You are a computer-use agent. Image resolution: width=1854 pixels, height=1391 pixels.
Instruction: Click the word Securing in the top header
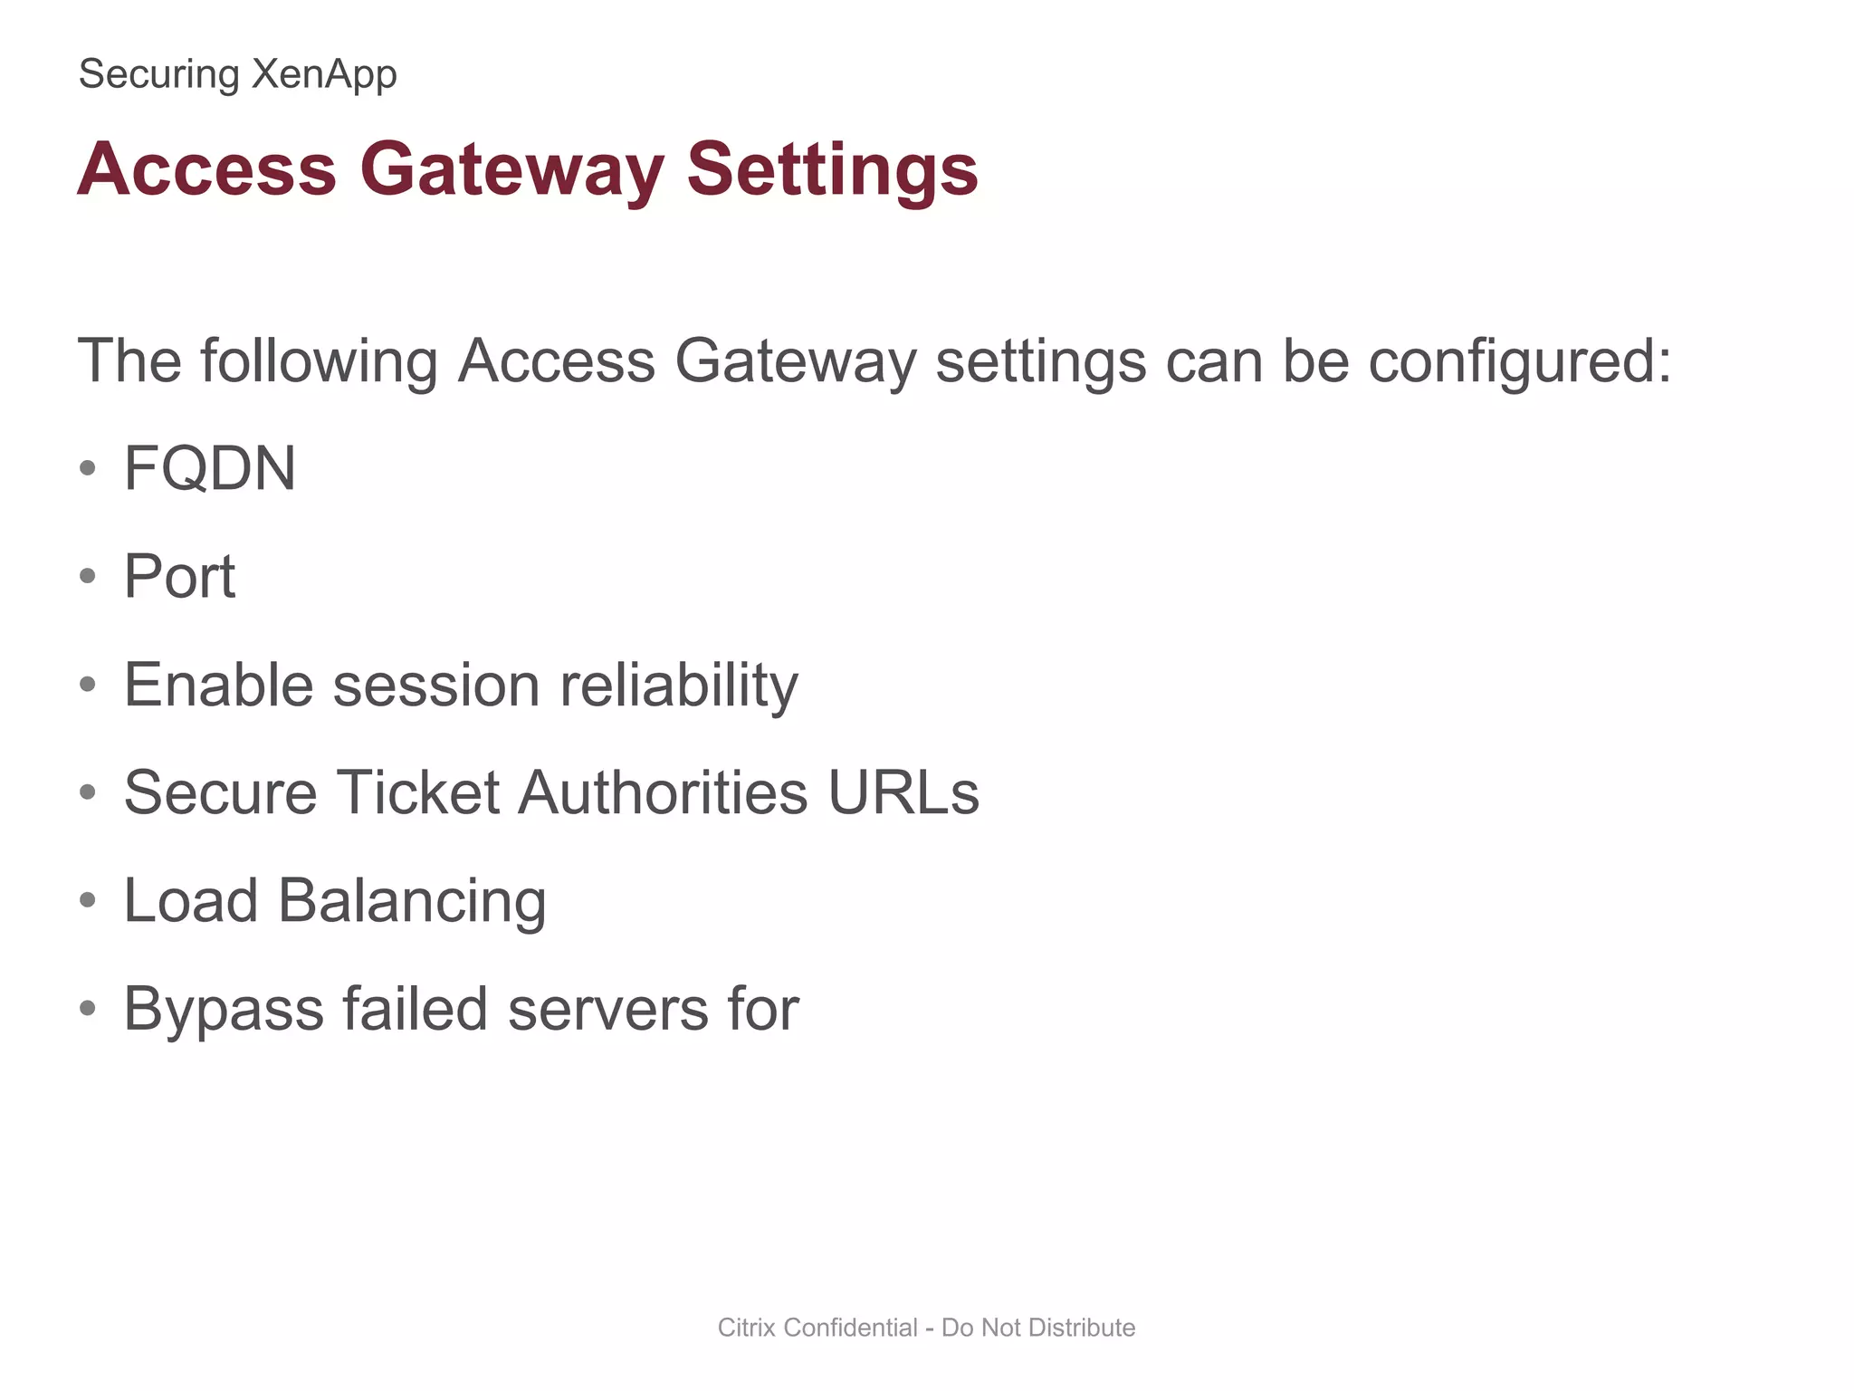[158, 74]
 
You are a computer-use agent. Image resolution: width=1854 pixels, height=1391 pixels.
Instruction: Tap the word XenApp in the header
[324, 74]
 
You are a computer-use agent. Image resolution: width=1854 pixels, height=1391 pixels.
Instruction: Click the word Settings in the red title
[832, 169]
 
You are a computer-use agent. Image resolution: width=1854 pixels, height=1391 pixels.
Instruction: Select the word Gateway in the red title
[512, 169]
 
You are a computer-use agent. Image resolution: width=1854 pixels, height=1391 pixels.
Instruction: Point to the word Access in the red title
[207, 169]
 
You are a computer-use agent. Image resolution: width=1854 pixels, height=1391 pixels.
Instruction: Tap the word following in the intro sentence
[318, 361]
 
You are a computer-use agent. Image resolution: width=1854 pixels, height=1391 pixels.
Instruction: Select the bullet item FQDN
[210, 468]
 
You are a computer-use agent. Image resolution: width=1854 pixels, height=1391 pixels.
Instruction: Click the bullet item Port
[179, 576]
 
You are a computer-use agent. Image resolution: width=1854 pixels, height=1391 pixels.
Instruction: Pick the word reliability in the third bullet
[679, 685]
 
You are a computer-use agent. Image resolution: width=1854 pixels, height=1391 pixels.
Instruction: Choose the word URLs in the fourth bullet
[903, 792]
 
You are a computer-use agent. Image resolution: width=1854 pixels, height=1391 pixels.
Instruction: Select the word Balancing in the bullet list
[412, 902]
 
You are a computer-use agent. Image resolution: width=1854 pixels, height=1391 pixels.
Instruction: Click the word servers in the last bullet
[607, 1010]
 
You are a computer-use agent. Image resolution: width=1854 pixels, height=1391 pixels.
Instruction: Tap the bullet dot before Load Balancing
[88, 901]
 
